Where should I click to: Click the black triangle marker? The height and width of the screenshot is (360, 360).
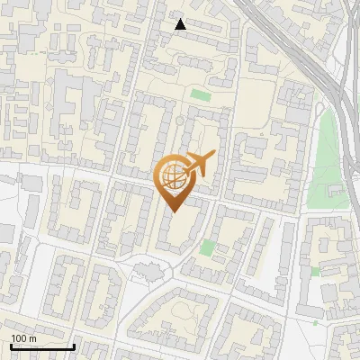(181, 23)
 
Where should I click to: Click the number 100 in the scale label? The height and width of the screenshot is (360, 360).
(20, 338)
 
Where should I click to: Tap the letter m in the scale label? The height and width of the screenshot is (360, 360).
(33, 338)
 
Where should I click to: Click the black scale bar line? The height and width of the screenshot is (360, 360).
(41, 346)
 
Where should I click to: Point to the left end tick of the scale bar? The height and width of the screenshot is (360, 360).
(11, 345)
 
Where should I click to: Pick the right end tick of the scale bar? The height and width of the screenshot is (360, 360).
(74, 345)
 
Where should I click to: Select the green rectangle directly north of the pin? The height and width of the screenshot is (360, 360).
(200, 94)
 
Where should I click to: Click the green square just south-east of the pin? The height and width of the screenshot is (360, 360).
(208, 246)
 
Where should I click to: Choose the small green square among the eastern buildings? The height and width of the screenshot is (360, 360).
(315, 270)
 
